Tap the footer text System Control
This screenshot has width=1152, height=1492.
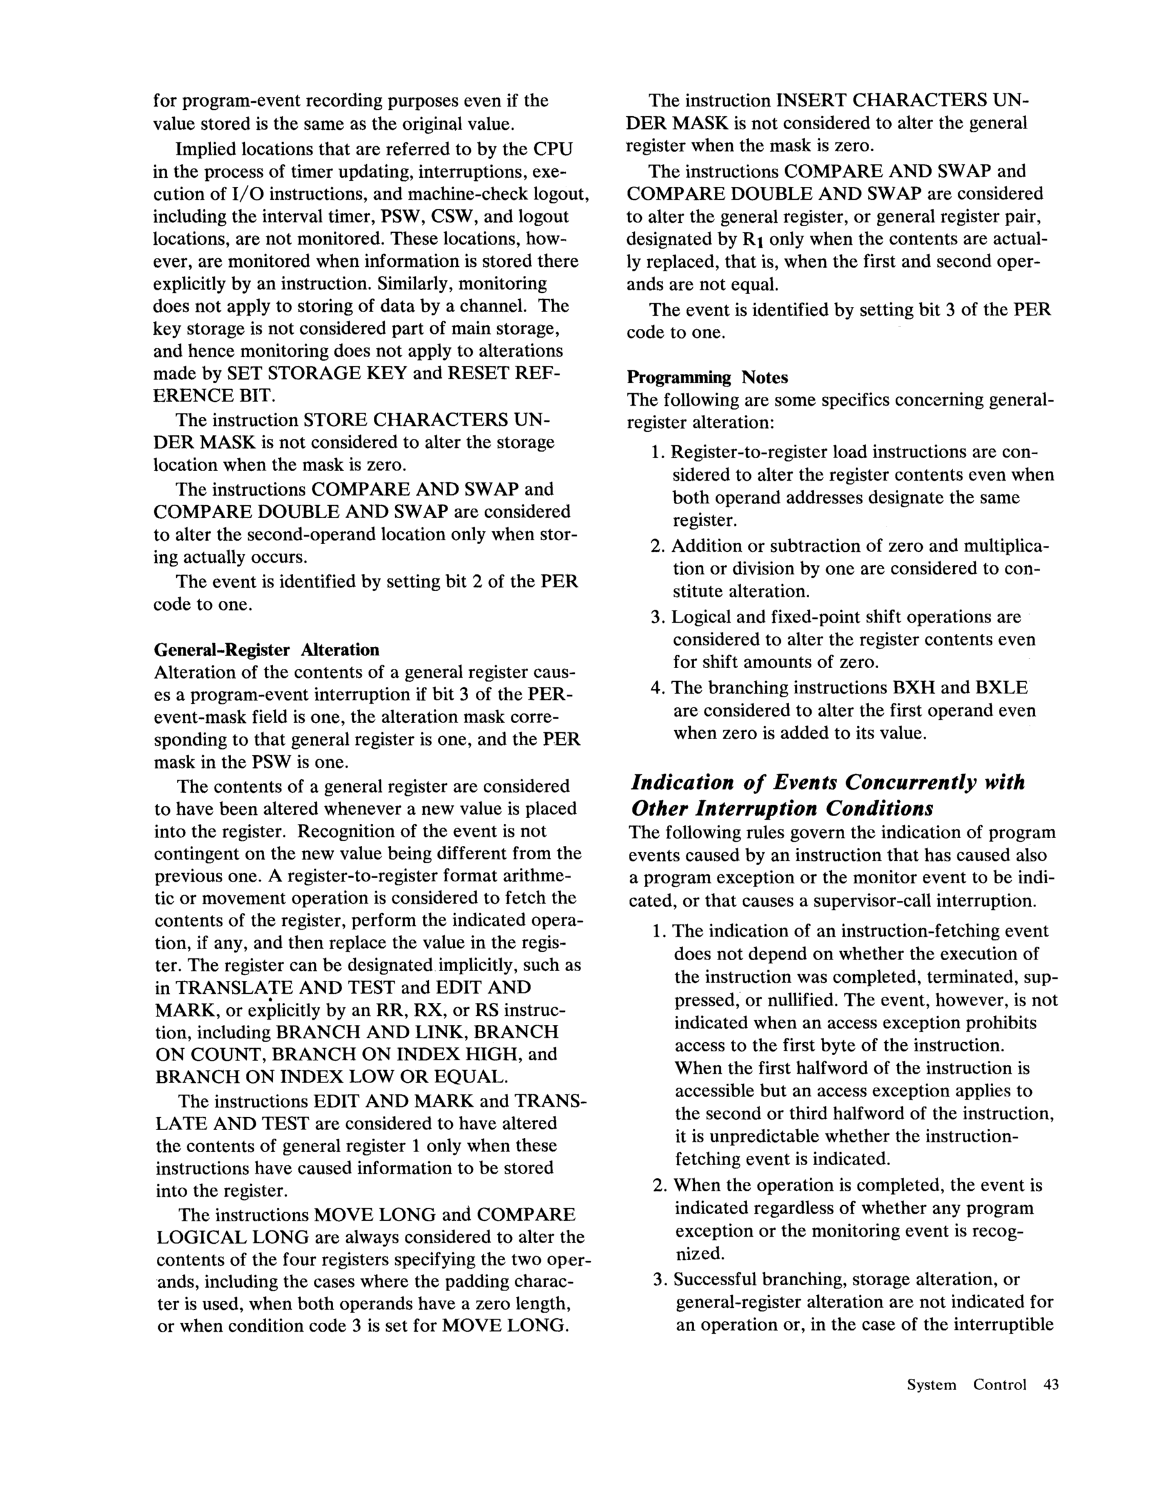(x=966, y=1385)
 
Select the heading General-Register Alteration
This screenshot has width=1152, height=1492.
(x=266, y=649)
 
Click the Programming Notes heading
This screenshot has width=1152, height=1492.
(x=707, y=377)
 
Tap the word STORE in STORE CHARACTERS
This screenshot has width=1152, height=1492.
(x=334, y=419)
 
